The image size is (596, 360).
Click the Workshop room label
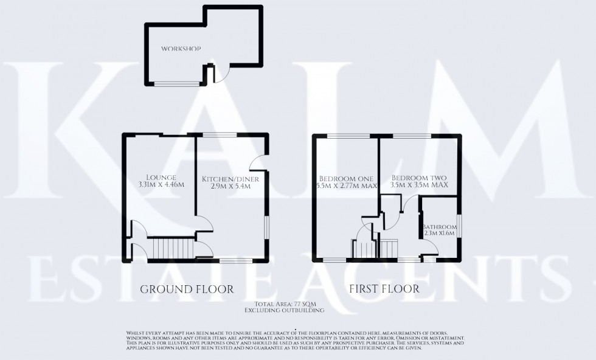pos(181,49)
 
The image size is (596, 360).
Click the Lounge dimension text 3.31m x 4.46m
pos(161,185)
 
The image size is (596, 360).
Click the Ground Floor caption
pos(187,289)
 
